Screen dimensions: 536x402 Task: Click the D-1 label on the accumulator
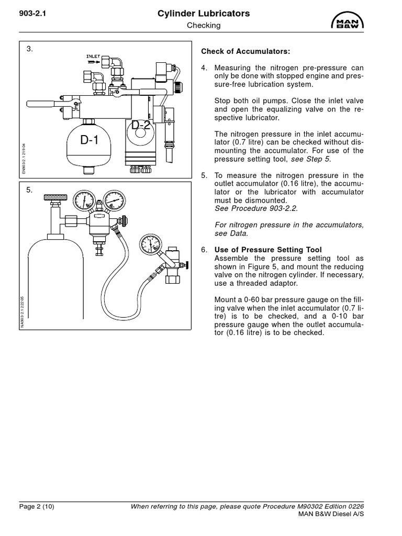89,140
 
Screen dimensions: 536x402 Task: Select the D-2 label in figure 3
141,126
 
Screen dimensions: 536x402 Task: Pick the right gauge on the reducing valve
115,200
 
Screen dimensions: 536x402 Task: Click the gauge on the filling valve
150,245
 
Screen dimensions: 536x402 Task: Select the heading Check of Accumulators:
245,52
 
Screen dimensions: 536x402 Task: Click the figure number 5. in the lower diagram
30,190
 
